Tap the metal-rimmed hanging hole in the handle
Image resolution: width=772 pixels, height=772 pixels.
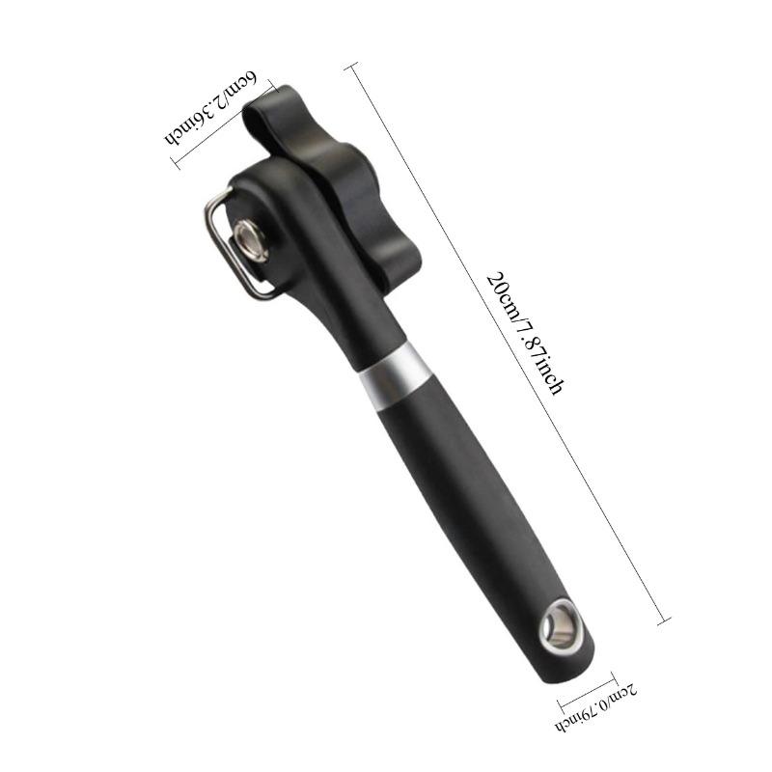tap(559, 624)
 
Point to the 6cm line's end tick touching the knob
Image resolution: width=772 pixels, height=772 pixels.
tap(274, 90)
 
